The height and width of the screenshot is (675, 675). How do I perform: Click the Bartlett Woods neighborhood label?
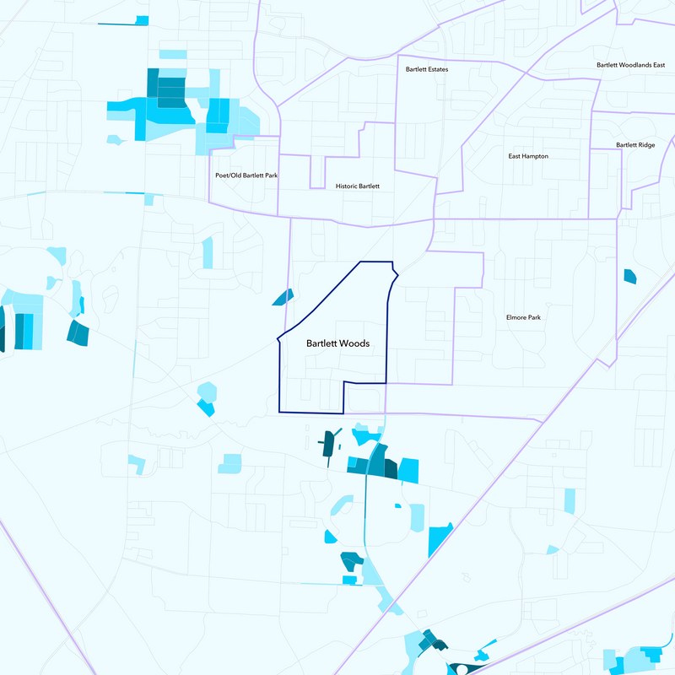[337, 343]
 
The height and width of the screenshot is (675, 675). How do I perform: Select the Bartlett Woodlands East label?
[631, 65]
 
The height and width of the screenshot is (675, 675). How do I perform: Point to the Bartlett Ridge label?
[635, 145]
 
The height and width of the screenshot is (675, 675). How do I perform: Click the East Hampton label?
[528, 156]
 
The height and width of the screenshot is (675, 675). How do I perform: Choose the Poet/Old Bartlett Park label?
[247, 175]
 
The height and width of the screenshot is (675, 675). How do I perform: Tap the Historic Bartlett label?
[358, 186]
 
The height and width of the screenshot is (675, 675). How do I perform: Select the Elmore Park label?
[523, 317]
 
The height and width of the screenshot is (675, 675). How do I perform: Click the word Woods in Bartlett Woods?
[355, 343]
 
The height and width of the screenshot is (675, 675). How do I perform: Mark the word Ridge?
[646, 145]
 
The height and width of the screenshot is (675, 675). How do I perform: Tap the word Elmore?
[516, 317]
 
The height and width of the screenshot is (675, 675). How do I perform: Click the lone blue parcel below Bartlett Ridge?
[629, 275]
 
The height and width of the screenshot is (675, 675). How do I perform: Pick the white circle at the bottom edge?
[461, 671]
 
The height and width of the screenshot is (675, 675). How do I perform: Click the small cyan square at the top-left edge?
[142, 20]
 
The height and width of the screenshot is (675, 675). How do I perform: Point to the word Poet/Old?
[229, 175]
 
